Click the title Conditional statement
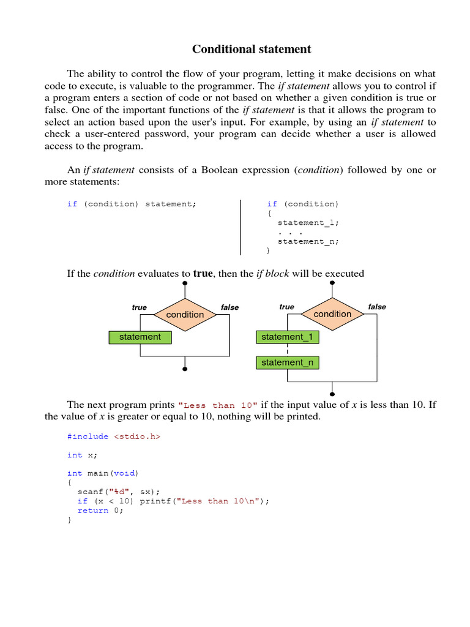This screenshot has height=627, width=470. pos(252,50)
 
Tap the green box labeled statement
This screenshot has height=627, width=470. pos(140,337)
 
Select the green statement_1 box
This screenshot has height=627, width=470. pos(287,337)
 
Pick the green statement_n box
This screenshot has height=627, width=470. pos(287,362)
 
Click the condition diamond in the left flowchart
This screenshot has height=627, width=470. pos(185,315)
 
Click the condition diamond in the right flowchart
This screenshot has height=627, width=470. pos(332,314)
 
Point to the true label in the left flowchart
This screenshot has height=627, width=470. pos(140,307)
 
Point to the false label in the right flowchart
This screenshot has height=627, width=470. pos(377,307)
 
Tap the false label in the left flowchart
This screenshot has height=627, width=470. pos(229,307)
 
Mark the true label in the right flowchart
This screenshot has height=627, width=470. pos(286,307)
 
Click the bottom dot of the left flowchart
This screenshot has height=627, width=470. pos(185,369)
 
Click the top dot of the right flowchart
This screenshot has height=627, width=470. pos(332,283)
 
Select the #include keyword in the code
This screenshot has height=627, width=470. pos(88,437)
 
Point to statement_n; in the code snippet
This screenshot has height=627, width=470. pos(308,241)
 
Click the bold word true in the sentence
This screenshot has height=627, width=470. pos(203,274)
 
